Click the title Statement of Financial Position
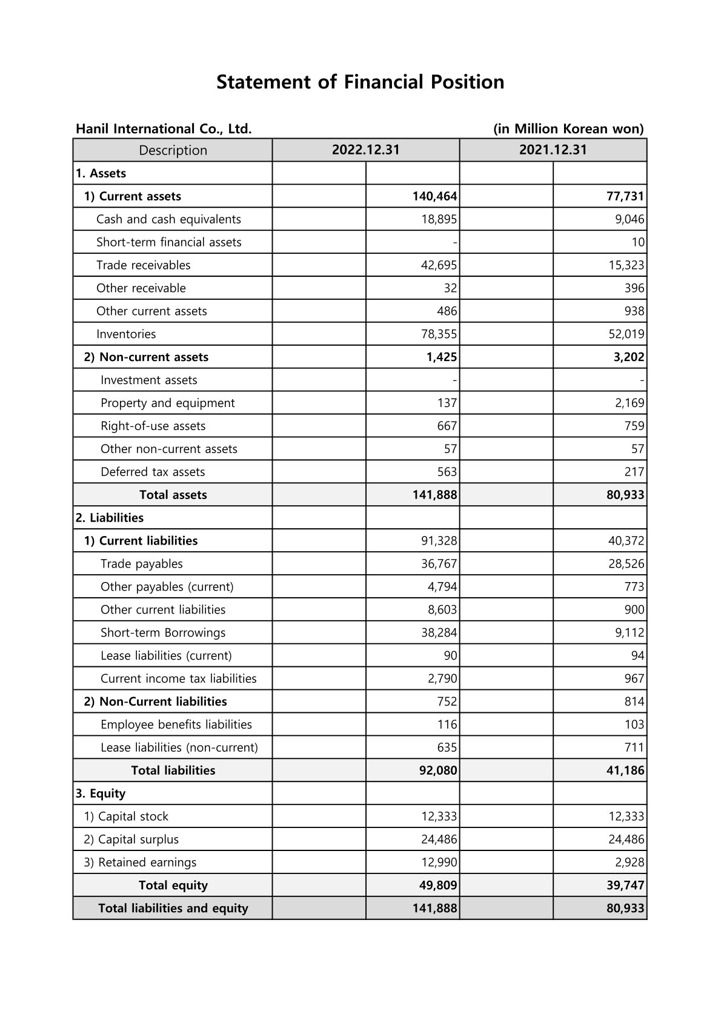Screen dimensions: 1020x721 [360, 82]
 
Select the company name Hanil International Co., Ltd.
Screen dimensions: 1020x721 [164, 128]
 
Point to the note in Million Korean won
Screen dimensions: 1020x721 [568, 128]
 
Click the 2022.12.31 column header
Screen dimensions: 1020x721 [365, 150]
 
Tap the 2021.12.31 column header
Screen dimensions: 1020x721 [553, 150]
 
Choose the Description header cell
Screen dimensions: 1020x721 [173, 150]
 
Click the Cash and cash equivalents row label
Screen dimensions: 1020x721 [168, 219]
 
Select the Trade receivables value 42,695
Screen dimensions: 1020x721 [439, 265]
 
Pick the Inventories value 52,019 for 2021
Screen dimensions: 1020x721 [626, 334]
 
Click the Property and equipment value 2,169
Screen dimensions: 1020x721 [630, 403]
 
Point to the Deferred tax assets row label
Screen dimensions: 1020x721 [153, 472]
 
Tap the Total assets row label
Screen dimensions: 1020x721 [173, 495]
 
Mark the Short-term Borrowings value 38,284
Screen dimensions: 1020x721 [439, 633]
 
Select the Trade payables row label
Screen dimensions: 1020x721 [141, 564]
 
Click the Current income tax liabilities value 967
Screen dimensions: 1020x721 [634, 679]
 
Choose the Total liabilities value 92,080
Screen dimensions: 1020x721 [438, 770]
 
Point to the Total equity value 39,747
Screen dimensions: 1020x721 [625, 886]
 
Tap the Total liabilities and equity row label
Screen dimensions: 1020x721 [173, 909]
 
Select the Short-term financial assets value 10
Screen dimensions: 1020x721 [637, 242]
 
